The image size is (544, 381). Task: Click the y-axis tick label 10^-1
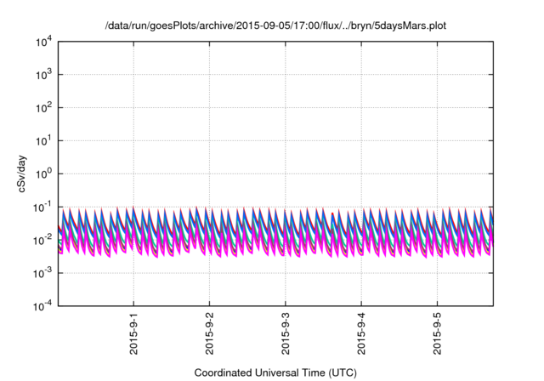click(42, 207)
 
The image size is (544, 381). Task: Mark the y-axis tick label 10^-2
click(42, 240)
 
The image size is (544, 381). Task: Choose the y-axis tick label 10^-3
click(42, 273)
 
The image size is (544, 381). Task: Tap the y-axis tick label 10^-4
click(42, 306)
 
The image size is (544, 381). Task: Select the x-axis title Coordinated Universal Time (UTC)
click(275, 372)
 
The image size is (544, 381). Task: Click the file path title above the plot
click(275, 26)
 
